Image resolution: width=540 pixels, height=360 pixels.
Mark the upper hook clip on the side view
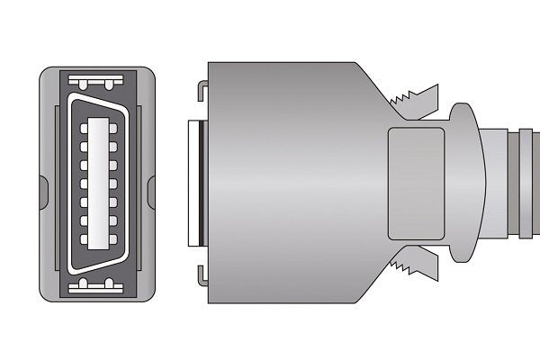(202, 89)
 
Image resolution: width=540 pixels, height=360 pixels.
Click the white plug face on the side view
(191, 184)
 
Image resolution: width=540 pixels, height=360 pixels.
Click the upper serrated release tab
(415, 97)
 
